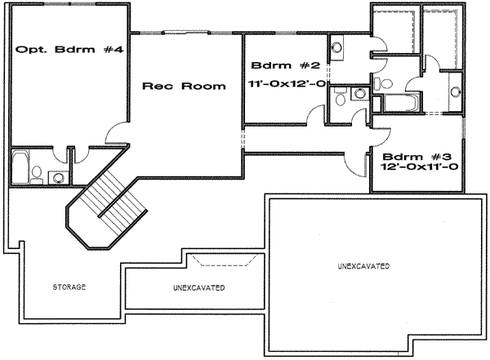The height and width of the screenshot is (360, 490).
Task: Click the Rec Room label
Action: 184,86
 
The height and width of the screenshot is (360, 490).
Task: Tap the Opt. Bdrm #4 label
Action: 69,50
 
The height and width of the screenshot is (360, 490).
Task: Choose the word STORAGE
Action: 69,288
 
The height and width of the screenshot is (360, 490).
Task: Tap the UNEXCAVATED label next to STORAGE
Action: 199,289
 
